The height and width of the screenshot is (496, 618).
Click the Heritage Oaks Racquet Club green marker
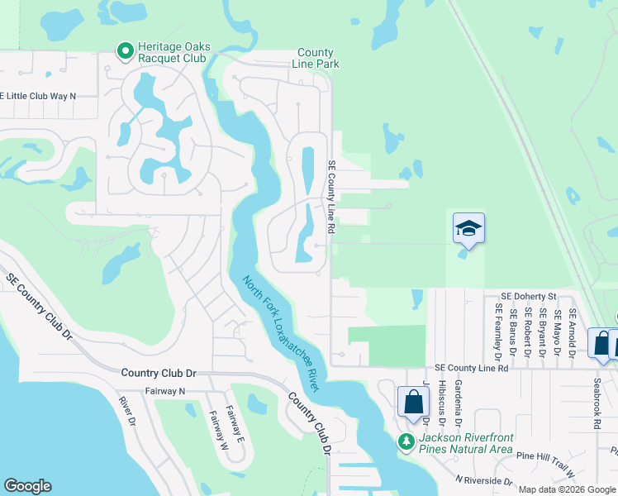point(126,52)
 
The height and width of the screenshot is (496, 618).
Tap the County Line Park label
point(316,58)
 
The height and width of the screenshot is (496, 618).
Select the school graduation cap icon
point(468,228)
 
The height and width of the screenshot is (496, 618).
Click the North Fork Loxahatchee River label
point(281,333)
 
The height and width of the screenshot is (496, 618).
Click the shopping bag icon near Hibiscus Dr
point(413,402)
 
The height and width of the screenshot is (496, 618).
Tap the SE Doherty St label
point(530,296)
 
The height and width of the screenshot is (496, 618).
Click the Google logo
point(28,486)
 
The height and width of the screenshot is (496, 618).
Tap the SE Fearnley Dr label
point(498,331)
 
